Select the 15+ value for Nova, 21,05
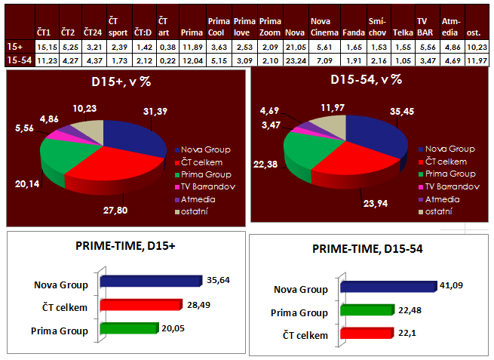click(x=295, y=46)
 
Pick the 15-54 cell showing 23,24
click(x=295, y=60)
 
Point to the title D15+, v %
click(x=126, y=82)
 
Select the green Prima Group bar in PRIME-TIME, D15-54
click(x=367, y=309)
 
